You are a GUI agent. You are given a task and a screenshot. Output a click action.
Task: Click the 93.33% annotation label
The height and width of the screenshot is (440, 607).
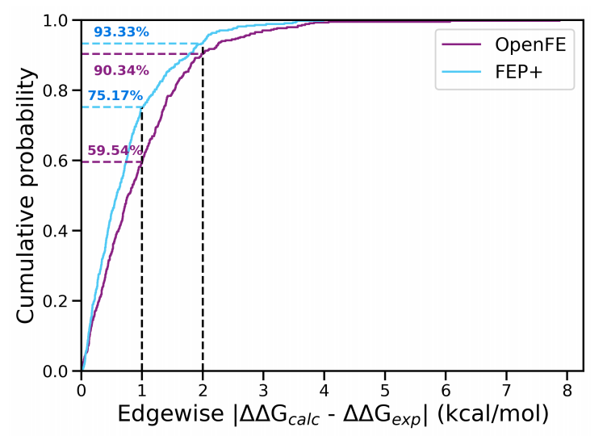click(x=121, y=32)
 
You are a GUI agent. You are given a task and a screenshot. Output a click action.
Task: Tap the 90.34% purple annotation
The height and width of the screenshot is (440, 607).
click(x=121, y=69)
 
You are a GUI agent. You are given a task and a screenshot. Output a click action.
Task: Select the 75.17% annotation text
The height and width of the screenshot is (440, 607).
click(x=115, y=95)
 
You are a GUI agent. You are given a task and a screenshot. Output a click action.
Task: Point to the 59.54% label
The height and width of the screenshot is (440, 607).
click(x=115, y=150)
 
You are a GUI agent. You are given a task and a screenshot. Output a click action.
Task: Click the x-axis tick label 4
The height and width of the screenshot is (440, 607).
click(x=324, y=389)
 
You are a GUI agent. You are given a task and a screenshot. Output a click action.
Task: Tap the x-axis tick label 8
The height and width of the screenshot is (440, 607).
click(x=567, y=389)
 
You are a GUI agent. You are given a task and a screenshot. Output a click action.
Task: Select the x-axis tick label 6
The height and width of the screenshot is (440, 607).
click(x=446, y=389)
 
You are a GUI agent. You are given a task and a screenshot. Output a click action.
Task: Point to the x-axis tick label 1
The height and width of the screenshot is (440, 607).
click(x=142, y=389)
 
